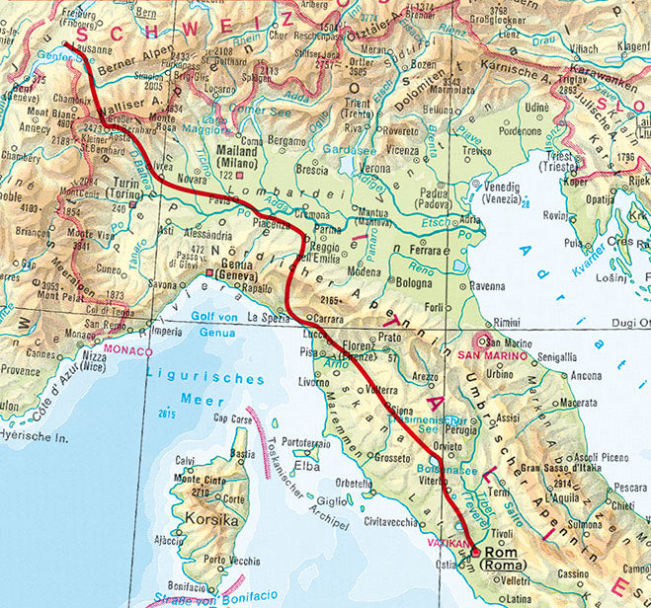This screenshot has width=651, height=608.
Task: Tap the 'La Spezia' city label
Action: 267,318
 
